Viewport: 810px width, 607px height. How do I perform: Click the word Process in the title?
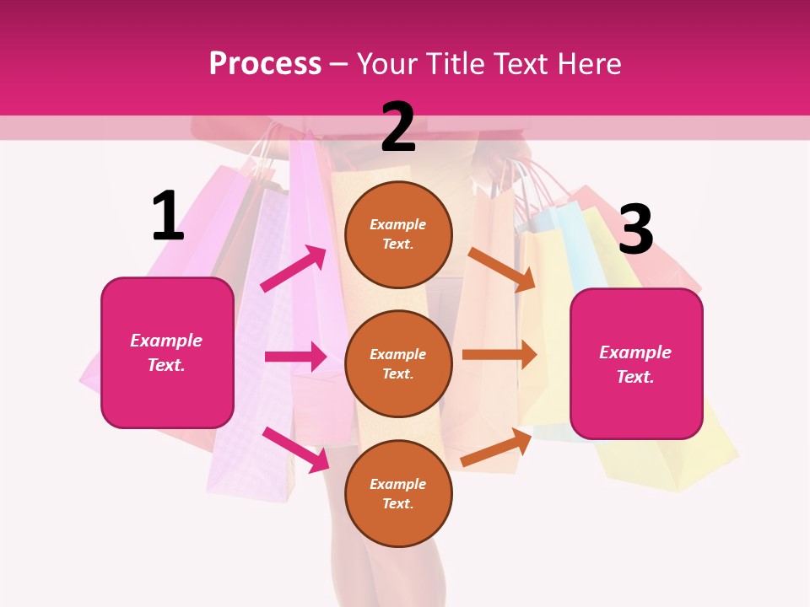tap(265, 64)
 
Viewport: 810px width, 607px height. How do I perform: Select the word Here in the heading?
tap(588, 64)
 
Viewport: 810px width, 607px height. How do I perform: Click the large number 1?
tap(168, 216)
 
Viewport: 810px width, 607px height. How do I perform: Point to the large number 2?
tap(398, 127)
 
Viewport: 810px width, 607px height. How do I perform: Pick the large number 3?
tap(635, 229)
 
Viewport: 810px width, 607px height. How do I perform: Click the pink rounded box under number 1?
tap(167, 352)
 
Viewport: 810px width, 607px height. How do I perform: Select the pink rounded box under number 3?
tap(636, 364)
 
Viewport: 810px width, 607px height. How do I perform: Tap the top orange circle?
tap(398, 234)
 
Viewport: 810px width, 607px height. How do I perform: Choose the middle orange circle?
tap(398, 363)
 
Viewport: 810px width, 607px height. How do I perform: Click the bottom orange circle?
tap(398, 493)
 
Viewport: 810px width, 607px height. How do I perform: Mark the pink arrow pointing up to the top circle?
tap(294, 269)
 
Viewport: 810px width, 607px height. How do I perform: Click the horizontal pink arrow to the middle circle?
tap(295, 357)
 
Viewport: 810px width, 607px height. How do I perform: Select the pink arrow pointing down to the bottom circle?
tap(295, 449)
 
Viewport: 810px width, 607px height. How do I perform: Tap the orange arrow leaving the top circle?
tap(502, 270)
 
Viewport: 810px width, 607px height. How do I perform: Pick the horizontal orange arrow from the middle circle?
tap(499, 354)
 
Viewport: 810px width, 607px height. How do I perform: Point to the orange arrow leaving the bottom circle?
tap(496, 447)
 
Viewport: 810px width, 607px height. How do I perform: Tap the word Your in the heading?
tap(387, 64)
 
